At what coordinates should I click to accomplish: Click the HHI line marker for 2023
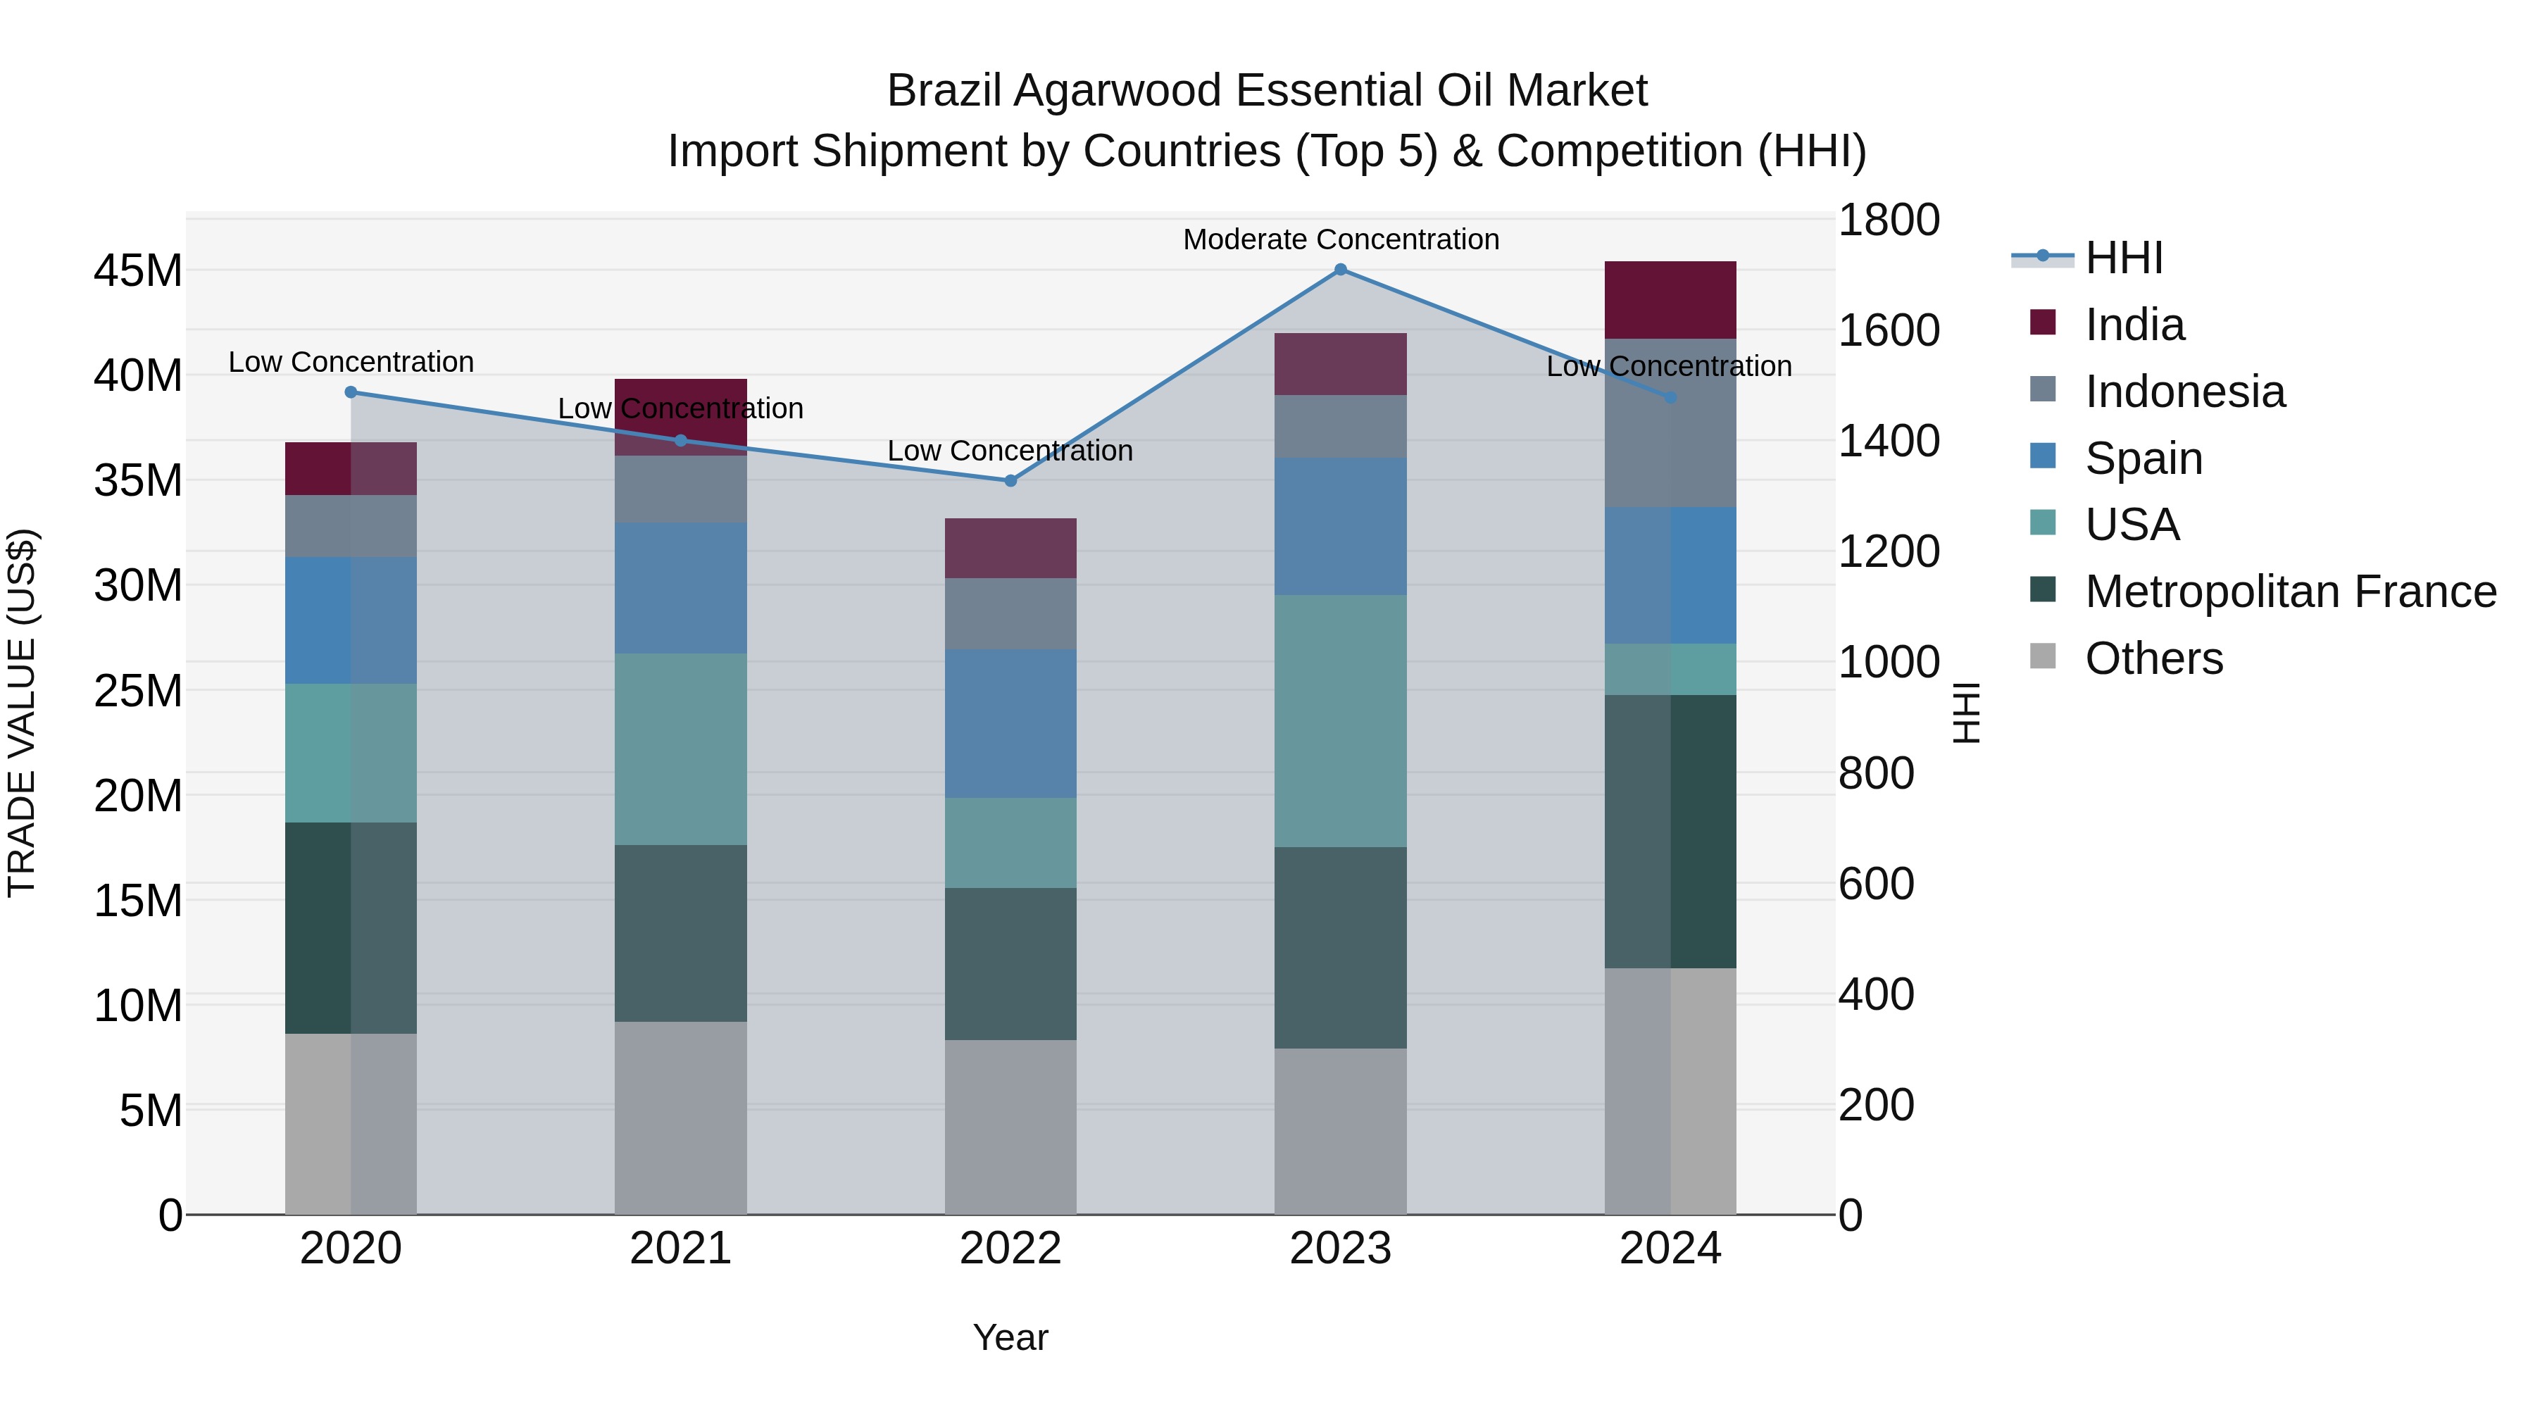click(1340, 270)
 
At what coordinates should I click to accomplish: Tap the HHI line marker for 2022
click(1010, 481)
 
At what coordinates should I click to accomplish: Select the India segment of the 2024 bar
click(1670, 300)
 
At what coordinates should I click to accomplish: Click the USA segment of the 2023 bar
click(1340, 720)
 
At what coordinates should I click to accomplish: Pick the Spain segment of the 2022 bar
click(1010, 723)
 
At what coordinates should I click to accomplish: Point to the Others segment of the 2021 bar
click(680, 1117)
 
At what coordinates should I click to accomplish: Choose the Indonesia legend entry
click(2184, 392)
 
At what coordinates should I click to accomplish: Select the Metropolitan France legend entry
click(2289, 592)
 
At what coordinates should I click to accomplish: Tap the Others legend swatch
click(2043, 656)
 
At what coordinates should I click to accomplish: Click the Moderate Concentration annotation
click(1340, 239)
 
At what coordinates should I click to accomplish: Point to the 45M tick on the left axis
click(138, 270)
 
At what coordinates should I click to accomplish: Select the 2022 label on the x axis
click(1010, 1249)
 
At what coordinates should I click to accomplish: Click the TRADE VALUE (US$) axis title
click(22, 713)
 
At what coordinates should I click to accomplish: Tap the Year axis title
click(1010, 1337)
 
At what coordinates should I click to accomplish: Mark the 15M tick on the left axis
click(138, 901)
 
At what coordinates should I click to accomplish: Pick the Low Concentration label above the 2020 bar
click(351, 362)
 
